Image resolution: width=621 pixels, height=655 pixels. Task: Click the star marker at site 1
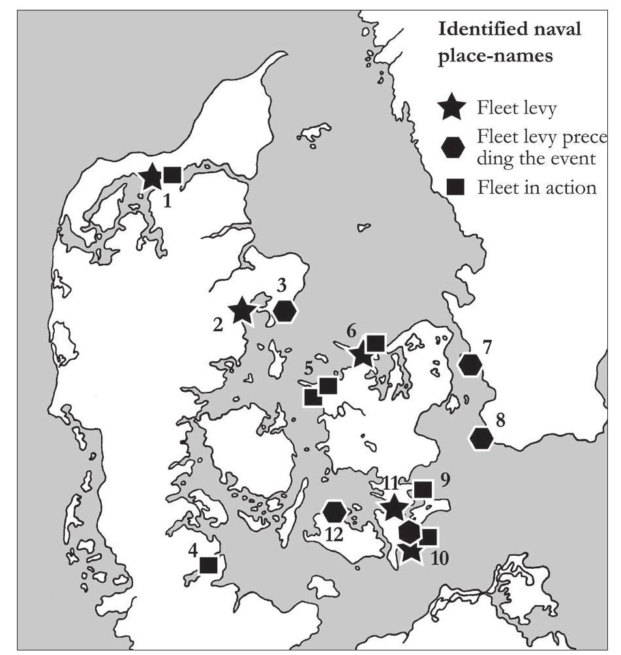pos(151,176)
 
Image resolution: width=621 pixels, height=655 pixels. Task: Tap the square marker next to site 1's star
pos(172,174)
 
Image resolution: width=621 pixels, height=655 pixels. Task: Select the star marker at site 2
pos(242,310)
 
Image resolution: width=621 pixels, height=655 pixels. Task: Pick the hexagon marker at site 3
pos(285,312)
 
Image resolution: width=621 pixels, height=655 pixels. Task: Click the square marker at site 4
pos(209,564)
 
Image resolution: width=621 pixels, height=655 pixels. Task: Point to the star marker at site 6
pos(360,355)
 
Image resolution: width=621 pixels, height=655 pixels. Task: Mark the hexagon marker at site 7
pos(470,364)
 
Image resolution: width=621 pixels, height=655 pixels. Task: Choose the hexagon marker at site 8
pos(481,438)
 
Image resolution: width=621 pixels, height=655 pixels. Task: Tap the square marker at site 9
pos(423,489)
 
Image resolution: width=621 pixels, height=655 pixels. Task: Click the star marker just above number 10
pos(410,551)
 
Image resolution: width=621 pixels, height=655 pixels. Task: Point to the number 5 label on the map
pos(308,370)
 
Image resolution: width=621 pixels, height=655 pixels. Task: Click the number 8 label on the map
pos(500,420)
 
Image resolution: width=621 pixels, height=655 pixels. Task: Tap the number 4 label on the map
pos(193,550)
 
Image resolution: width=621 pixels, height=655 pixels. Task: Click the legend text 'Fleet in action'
pos(536,188)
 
